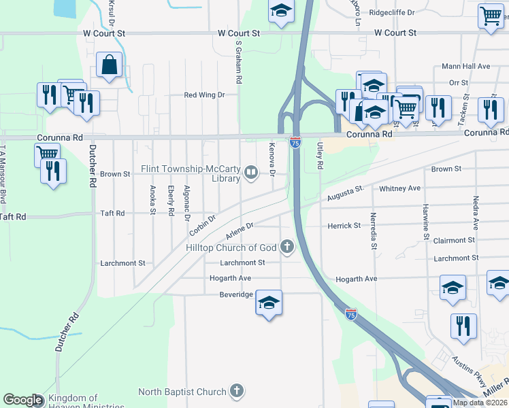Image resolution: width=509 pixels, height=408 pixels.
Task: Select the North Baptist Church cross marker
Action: (x=236, y=391)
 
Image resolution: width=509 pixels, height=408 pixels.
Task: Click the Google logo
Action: (x=22, y=401)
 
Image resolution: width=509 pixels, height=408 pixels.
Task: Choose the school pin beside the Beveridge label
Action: (x=269, y=303)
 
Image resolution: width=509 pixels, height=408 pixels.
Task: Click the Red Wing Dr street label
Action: (x=204, y=95)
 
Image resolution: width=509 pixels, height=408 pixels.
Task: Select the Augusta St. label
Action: (x=346, y=195)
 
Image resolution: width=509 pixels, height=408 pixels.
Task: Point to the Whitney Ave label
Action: (x=400, y=188)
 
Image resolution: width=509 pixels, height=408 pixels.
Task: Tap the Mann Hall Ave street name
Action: (x=465, y=67)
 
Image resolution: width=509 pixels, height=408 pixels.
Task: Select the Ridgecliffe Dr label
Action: (x=391, y=13)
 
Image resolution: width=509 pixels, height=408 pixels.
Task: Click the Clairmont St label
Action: (x=454, y=241)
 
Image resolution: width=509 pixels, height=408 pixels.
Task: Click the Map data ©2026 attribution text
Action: (x=479, y=403)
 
